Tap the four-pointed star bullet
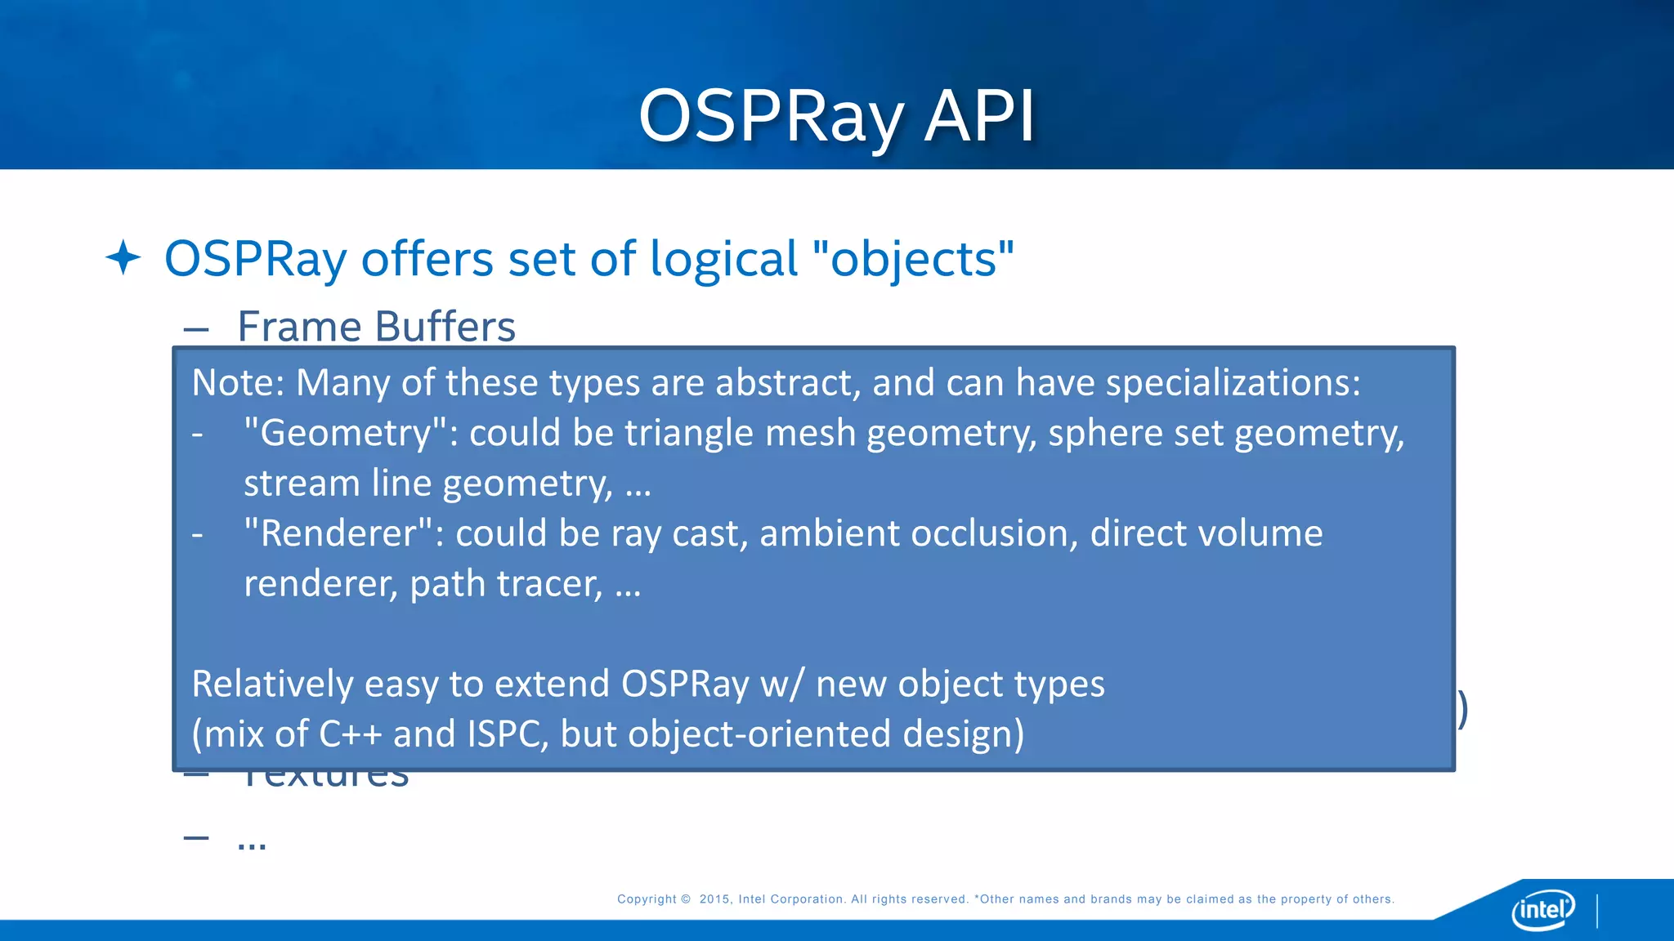[x=123, y=257]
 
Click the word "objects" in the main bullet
[x=913, y=259]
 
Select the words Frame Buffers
[x=376, y=327]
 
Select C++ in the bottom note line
[x=350, y=734]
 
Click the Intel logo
[x=1542, y=909]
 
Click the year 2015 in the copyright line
[x=714, y=899]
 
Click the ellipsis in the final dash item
[x=252, y=843]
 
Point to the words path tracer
[x=506, y=584]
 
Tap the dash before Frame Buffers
[x=196, y=330]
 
